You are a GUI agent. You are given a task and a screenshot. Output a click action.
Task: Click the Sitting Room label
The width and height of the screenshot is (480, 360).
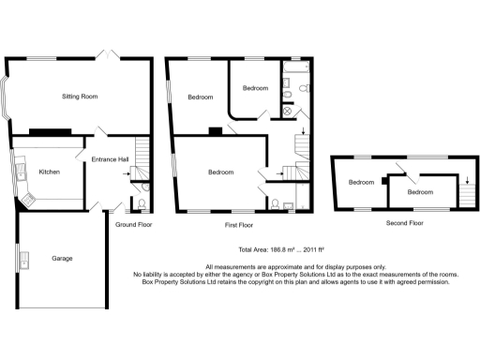(80, 97)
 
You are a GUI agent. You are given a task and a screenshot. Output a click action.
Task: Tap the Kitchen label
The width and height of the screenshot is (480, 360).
(49, 172)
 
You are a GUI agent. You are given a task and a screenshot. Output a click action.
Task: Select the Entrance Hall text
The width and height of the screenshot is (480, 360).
(110, 159)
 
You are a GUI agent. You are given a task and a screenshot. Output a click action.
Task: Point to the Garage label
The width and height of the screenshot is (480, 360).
(62, 258)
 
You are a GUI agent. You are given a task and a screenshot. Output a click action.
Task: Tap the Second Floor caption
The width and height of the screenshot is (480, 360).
(404, 223)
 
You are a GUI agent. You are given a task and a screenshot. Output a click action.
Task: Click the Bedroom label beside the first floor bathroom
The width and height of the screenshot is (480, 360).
(255, 88)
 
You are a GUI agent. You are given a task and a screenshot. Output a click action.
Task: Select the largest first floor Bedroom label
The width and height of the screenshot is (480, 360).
(220, 172)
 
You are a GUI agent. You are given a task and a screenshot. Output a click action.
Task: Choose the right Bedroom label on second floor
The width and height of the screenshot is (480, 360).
(420, 192)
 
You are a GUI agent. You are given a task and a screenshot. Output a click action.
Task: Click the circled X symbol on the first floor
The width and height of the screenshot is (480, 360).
(288, 111)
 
